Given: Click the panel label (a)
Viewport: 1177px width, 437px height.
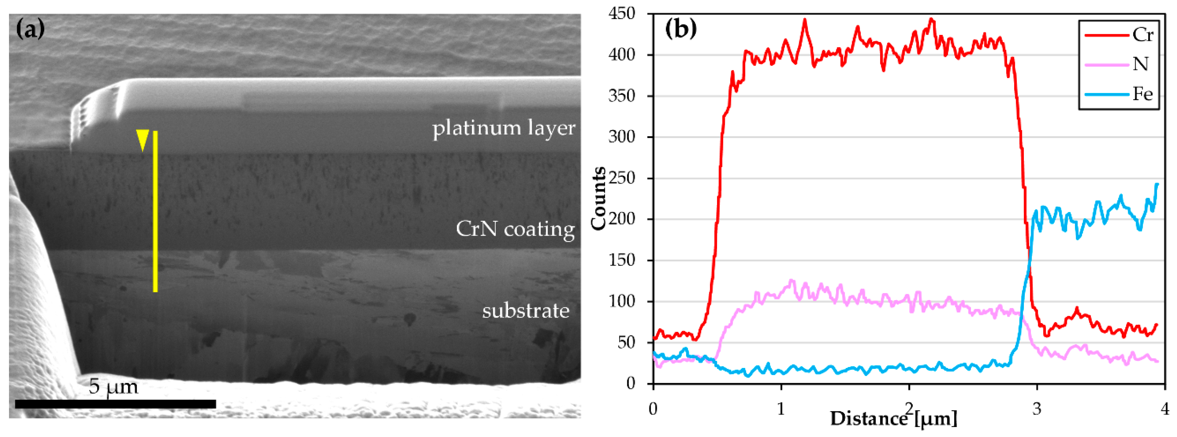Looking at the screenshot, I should pos(30,30).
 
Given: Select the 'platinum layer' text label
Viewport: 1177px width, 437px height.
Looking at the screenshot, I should pos(504,128).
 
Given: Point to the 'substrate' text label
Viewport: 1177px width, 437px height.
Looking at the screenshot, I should pos(526,311).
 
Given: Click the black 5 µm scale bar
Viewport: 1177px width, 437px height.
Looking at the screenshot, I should pos(115,404).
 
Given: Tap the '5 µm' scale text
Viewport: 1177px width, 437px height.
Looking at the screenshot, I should pos(113,386).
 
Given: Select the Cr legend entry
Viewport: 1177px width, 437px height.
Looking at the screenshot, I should pos(1120,35).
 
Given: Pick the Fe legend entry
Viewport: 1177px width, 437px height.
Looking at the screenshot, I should pos(1120,94).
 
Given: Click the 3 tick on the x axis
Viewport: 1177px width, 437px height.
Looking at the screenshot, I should pos(1037,409).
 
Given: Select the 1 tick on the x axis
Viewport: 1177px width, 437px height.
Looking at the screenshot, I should pos(781,409).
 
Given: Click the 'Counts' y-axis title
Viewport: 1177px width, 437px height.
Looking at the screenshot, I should pos(599,198).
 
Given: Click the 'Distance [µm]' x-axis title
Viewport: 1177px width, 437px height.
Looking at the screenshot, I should pos(893,419).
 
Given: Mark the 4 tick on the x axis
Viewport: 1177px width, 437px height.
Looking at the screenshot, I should pos(1165,409).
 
